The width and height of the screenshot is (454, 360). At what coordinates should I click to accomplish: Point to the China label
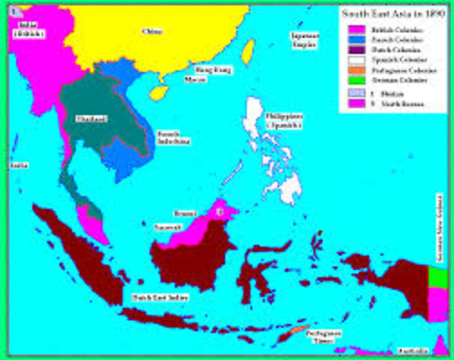[x=152, y=31]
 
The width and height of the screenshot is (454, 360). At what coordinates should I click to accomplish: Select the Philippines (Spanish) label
[x=284, y=121]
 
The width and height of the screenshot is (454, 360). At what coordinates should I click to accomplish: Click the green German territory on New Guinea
[x=437, y=277]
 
